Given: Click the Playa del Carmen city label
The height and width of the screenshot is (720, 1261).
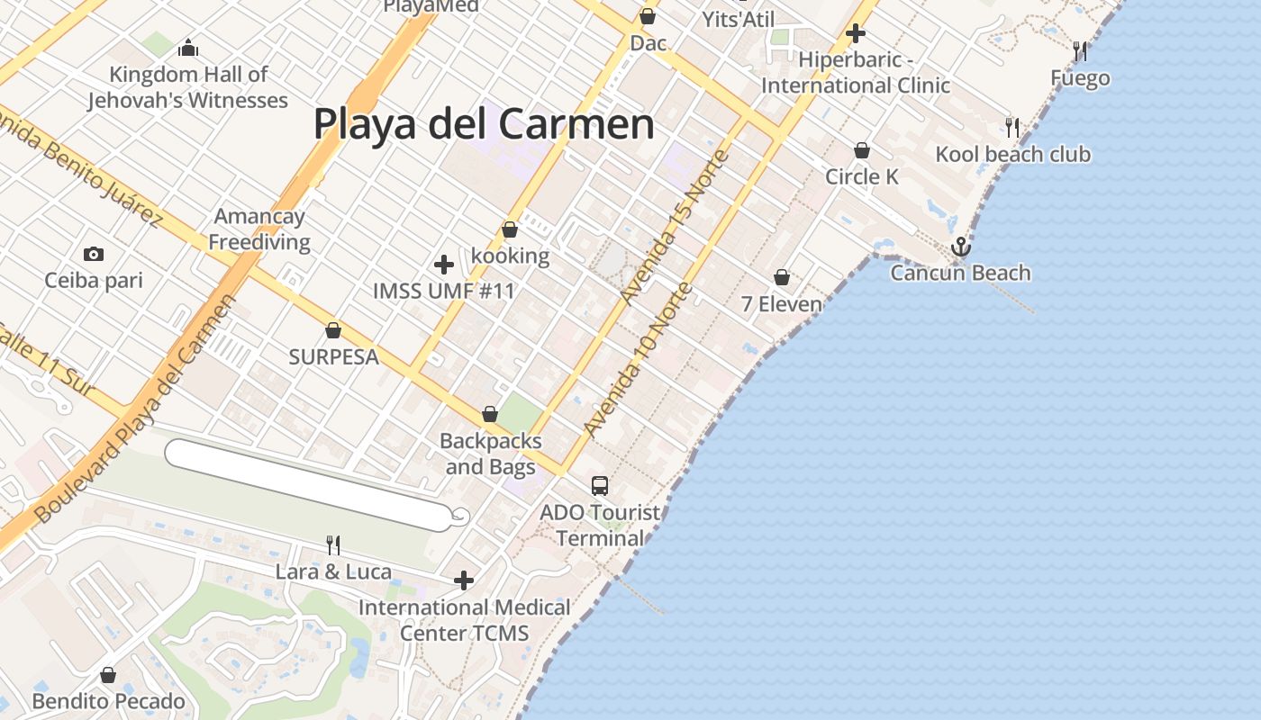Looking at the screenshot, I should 484,123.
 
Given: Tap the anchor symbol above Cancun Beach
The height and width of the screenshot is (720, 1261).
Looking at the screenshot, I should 961,246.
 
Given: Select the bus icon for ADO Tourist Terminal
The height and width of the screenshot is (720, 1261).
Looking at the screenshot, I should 600,486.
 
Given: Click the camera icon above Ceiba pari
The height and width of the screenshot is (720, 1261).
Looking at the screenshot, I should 94,255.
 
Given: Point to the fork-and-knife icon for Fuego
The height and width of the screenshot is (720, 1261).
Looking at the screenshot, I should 1077,49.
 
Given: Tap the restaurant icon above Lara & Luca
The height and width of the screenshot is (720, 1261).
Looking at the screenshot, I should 333,544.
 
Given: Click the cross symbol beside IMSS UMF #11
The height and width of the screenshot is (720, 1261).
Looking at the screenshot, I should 444,265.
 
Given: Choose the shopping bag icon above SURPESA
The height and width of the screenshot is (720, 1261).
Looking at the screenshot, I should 333,330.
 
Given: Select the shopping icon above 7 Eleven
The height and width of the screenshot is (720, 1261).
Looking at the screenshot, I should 782,277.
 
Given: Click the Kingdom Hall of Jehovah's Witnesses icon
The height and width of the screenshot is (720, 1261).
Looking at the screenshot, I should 188,48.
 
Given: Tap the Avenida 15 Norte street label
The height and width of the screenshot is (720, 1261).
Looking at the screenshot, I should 675,228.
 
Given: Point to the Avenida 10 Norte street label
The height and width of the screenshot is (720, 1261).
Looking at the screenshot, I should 639,360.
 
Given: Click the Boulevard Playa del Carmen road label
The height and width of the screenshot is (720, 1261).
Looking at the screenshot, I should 135,409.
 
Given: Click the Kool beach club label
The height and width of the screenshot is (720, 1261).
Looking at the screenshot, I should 1012,155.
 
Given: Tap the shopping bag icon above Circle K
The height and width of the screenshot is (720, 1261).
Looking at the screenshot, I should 862,150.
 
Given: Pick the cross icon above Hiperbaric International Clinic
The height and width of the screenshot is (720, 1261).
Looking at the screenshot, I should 856,34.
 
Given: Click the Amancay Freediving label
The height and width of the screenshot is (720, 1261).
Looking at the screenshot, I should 259,229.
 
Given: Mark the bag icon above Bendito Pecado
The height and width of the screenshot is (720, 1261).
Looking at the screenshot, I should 108,675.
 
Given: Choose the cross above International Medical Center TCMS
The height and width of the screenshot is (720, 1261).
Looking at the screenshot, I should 464,580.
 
